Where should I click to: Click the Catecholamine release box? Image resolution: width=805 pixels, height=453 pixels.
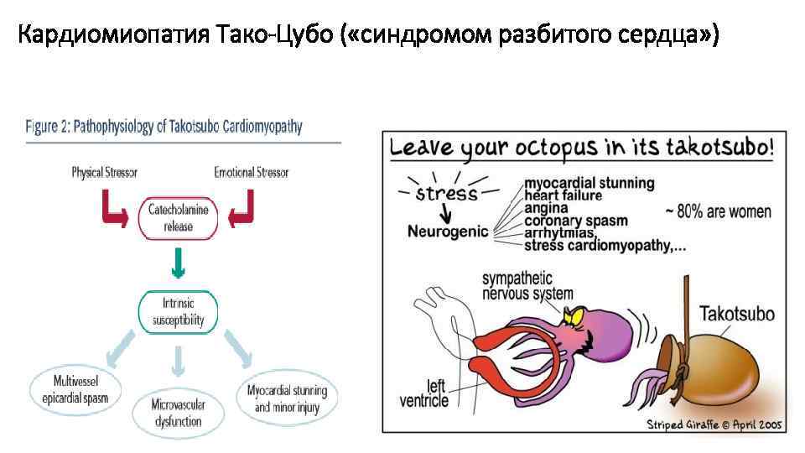click(x=178, y=216)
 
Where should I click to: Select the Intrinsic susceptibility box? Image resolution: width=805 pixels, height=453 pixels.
click(x=178, y=311)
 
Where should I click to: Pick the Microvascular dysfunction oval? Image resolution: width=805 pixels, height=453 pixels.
click(x=177, y=413)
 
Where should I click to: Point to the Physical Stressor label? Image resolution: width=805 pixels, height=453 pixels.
click(x=104, y=172)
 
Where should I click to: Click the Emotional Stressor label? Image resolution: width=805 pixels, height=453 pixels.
click(x=251, y=172)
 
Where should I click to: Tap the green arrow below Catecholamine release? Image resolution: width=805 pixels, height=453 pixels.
click(x=178, y=265)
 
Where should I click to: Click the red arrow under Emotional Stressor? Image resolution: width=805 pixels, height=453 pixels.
click(x=242, y=209)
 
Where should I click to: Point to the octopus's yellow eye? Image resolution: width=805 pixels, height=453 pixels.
click(x=579, y=315)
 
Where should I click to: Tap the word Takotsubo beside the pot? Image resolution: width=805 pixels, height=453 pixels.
click(x=736, y=315)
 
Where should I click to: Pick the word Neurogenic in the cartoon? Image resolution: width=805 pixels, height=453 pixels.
click(x=448, y=231)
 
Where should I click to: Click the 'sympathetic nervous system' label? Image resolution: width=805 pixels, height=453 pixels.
click(x=527, y=285)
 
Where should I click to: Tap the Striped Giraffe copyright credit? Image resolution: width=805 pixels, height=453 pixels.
click(x=713, y=424)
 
